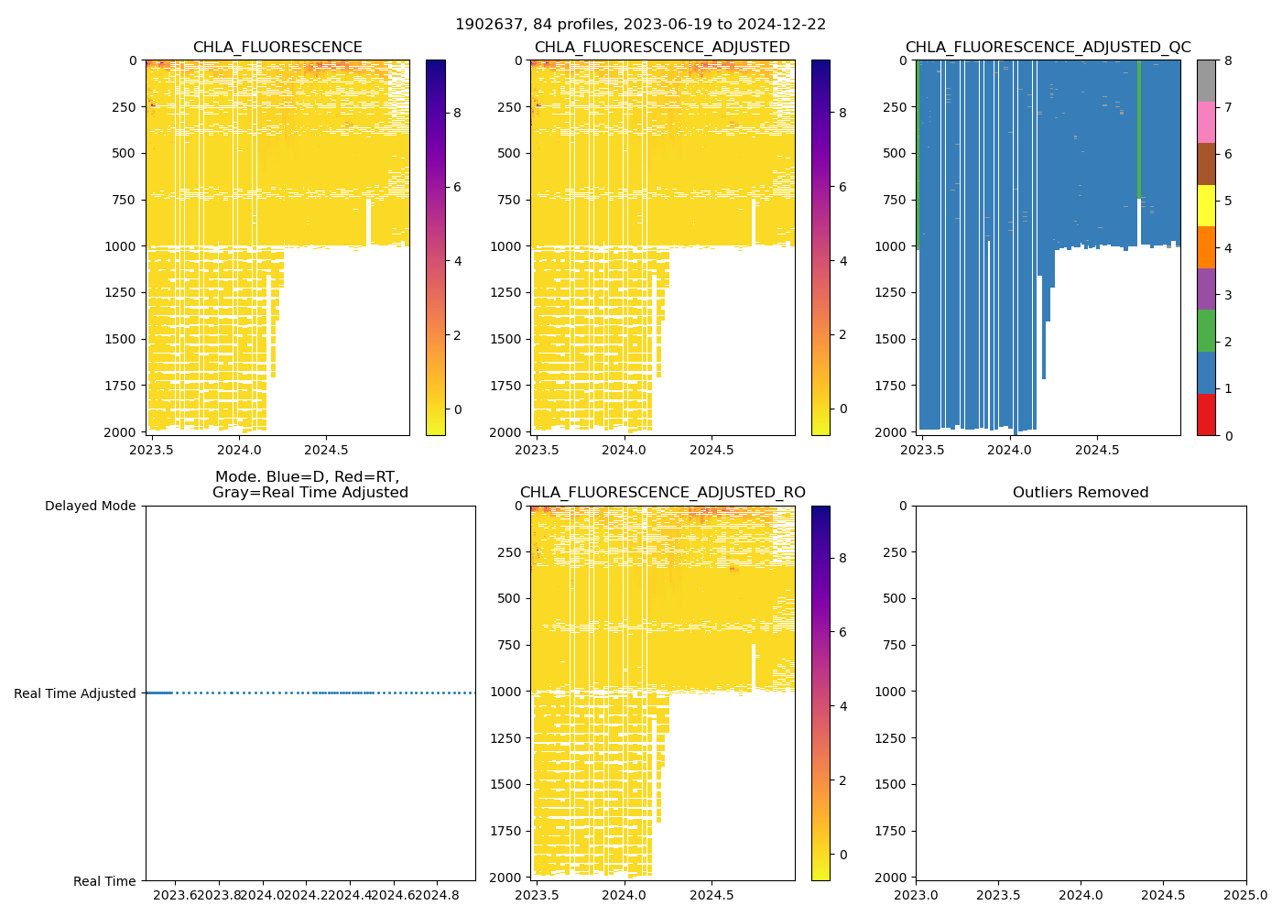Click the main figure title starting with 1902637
click(x=640, y=25)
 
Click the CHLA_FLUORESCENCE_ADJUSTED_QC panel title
click(x=1048, y=48)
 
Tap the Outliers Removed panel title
click(x=1081, y=493)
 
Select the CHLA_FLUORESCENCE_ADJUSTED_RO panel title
click(x=662, y=493)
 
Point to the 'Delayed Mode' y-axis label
click(x=90, y=506)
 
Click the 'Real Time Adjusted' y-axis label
click(x=75, y=693)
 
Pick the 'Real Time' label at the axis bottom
click(x=104, y=881)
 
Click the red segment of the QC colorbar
click(x=1205, y=414)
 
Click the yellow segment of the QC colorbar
click(x=1205, y=205)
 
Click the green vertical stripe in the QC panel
click(x=1138, y=128)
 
